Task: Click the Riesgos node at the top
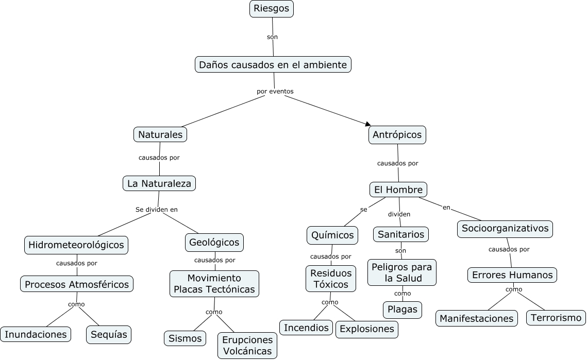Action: [272, 9]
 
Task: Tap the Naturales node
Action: [160, 135]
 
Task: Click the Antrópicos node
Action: [397, 135]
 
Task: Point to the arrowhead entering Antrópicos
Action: [368, 124]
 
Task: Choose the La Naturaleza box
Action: [159, 183]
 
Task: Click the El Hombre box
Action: [398, 190]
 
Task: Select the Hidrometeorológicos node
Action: [76, 244]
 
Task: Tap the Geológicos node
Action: [214, 242]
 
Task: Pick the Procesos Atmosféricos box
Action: [77, 284]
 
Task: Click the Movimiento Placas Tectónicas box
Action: [214, 284]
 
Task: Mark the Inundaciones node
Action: [36, 334]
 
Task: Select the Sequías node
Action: [109, 334]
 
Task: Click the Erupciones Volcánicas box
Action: [247, 346]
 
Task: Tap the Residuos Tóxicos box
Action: [331, 279]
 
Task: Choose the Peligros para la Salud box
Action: [402, 272]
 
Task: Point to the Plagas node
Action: [402, 310]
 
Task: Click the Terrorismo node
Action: [556, 317]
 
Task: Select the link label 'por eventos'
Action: [275, 91]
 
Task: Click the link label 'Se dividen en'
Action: [156, 210]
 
